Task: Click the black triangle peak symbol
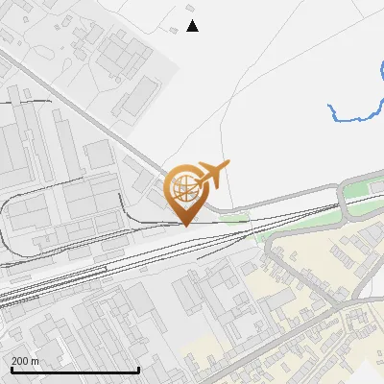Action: point(192,26)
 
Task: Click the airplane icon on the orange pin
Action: point(213,174)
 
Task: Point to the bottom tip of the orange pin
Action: point(185,225)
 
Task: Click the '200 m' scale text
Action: point(25,361)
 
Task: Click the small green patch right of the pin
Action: point(232,218)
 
